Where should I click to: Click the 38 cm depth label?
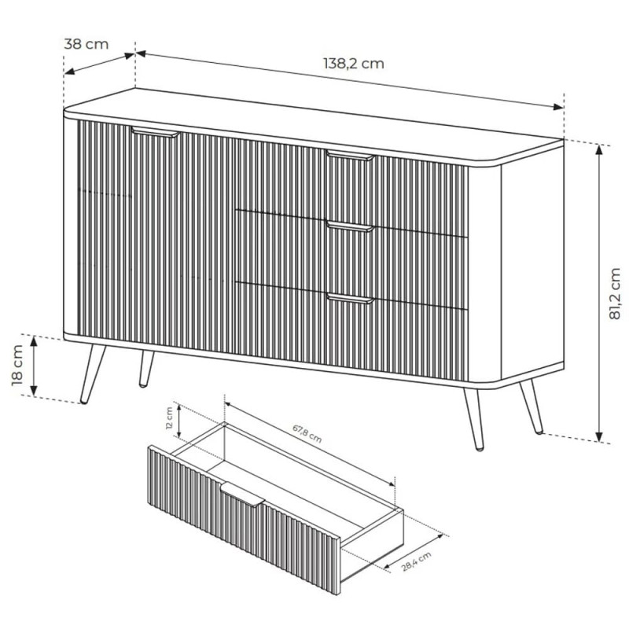point(86,44)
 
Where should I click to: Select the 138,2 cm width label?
point(353,64)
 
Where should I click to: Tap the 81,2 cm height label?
point(614,293)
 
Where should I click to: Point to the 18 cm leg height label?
point(17,365)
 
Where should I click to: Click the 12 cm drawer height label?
point(169,418)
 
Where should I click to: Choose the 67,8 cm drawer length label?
point(307,434)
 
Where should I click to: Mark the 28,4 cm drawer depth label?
point(417,561)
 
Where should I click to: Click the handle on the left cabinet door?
point(155,132)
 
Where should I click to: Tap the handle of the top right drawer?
point(350,156)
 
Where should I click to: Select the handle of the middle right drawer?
point(350,226)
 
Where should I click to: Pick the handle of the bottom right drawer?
point(350,299)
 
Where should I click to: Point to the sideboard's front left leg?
point(93,373)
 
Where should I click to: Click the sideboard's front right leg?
point(474,419)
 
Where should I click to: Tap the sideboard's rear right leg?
point(532,406)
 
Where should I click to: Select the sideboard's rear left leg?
point(146,369)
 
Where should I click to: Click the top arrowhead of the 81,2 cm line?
point(599,149)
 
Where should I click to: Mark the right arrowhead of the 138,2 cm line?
point(558,106)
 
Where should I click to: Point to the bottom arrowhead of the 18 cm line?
point(34,390)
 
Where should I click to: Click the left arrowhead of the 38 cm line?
point(69,72)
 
